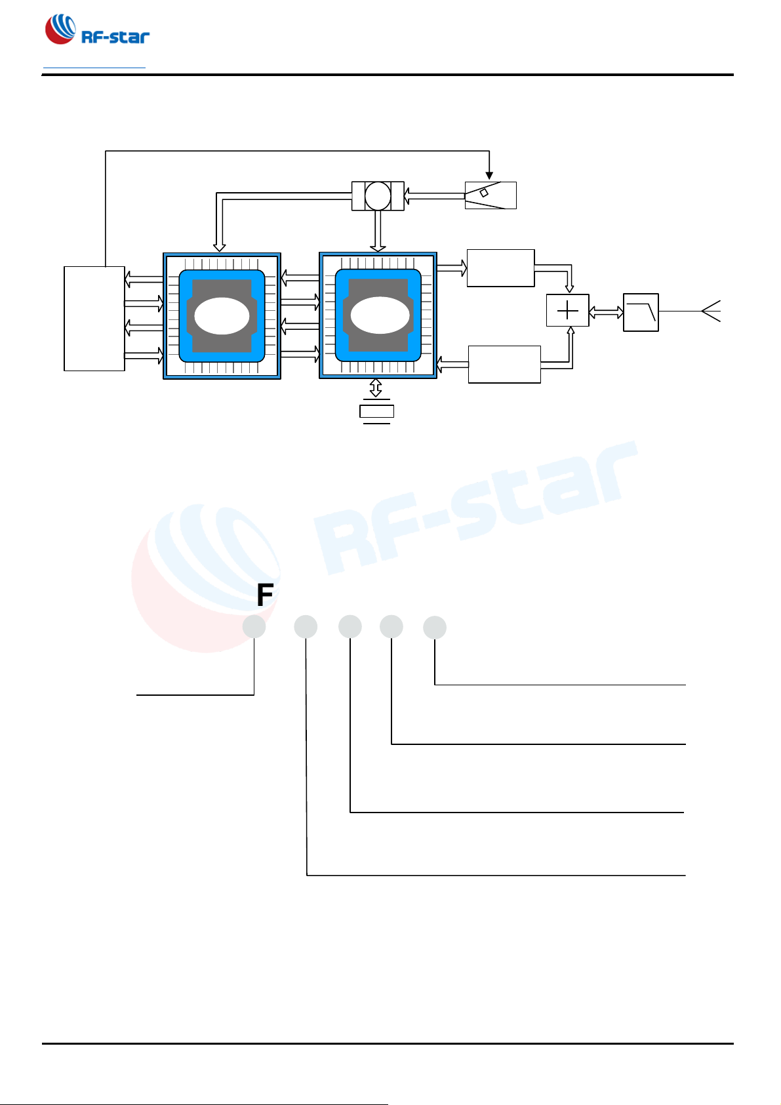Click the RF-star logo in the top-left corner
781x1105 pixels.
(96, 31)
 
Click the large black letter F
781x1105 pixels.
(265, 595)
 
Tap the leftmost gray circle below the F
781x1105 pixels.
(254, 627)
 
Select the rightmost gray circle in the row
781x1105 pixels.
(435, 627)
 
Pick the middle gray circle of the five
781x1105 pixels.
(350, 627)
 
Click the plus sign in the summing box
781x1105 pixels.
(567, 310)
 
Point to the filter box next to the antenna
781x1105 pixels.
(641, 312)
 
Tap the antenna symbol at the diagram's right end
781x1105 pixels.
(711, 311)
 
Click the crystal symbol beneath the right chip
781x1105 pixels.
(376, 411)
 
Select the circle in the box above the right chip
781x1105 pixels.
(378, 196)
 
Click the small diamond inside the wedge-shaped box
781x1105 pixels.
(484, 193)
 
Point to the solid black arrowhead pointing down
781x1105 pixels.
(489, 175)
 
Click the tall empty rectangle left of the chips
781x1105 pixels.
(94, 318)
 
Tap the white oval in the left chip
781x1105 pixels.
(222, 315)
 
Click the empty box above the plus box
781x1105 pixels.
(500, 268)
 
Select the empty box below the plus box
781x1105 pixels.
(504, 364)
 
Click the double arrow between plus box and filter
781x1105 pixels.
(606, 313)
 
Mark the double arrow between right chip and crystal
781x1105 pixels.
(376, 388)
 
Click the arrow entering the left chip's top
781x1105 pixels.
(220, 245)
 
